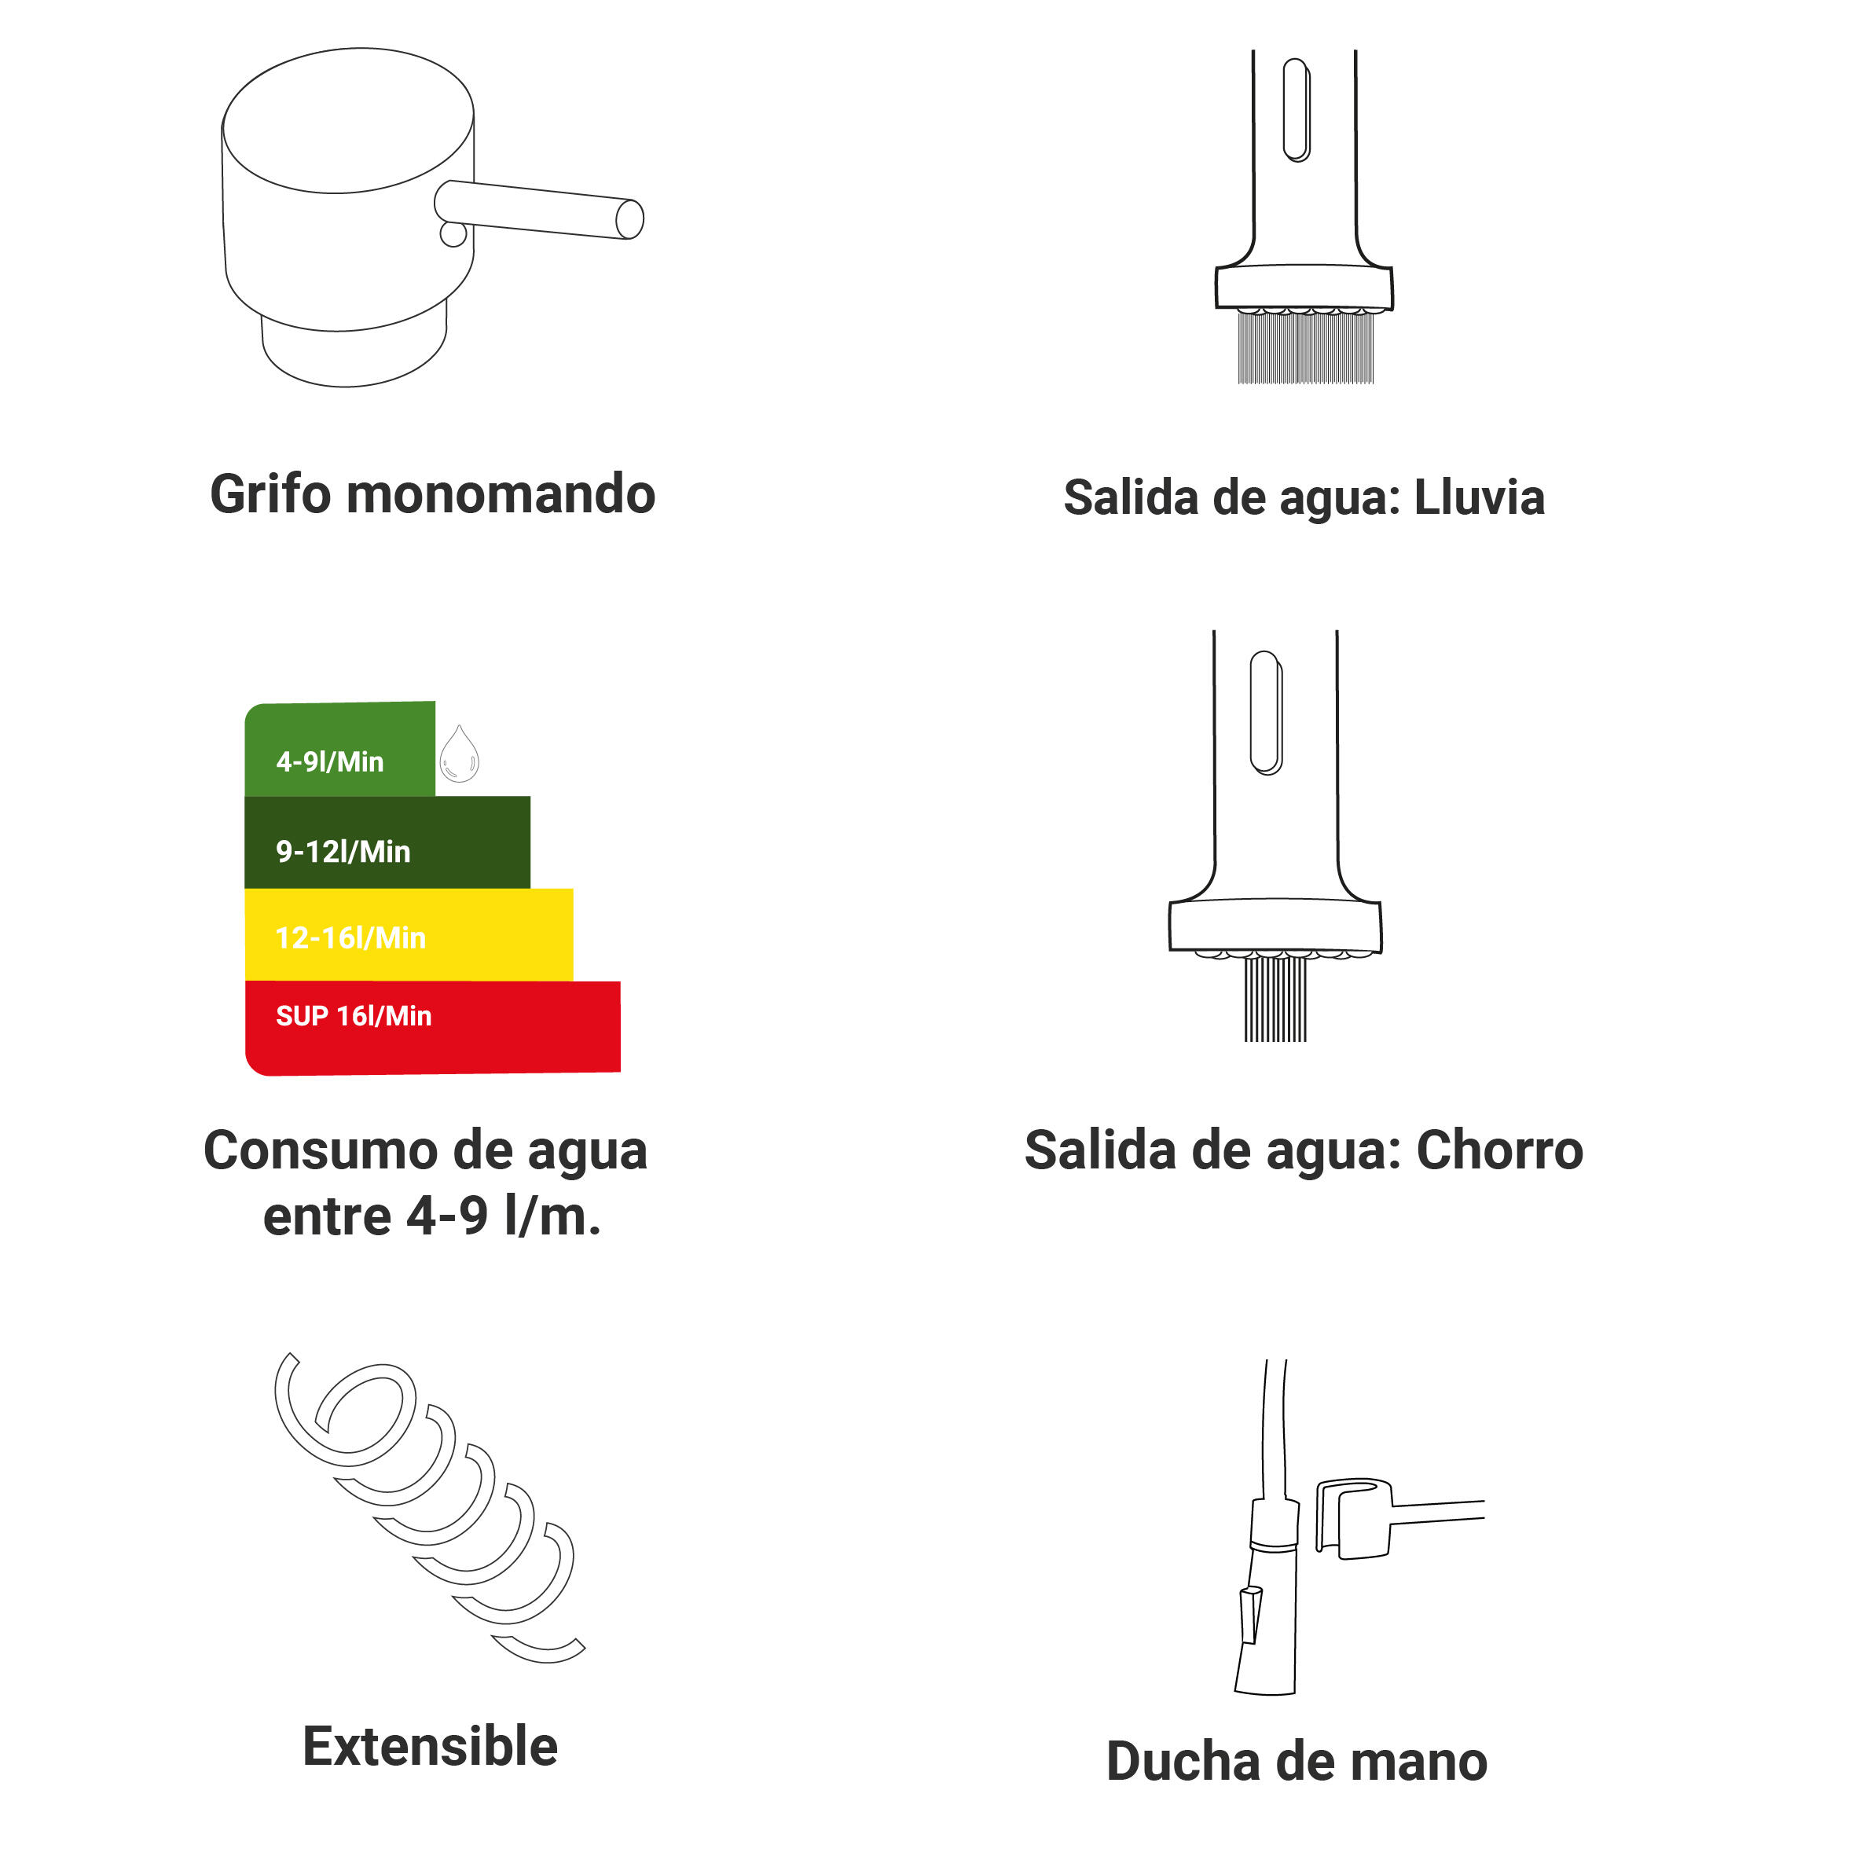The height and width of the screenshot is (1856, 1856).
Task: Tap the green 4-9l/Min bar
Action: pos(340,750)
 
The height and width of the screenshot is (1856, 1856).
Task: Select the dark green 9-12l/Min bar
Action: pos(387,842)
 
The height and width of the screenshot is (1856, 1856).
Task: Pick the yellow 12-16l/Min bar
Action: pos(409,935)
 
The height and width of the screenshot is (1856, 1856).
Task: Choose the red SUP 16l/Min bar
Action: pos(432,1027)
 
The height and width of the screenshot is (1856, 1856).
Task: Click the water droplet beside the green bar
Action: pos(459,754)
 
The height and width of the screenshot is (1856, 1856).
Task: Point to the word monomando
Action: pos(501,495)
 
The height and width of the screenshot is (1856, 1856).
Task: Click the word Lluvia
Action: pos(1480,497)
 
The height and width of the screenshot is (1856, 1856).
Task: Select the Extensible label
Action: pos(431,1747)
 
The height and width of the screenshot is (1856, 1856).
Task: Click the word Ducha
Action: pos(1183,1762)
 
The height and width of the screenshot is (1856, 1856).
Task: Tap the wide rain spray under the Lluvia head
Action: pos(1305,349)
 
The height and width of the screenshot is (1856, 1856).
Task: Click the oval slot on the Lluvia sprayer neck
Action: pos(1297,109)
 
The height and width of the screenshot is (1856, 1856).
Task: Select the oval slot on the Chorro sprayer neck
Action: pos(1266,713)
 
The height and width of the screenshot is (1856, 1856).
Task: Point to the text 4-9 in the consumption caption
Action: pos(448,1217)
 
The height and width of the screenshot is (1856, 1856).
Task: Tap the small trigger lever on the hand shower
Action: pos(1250,1616)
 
